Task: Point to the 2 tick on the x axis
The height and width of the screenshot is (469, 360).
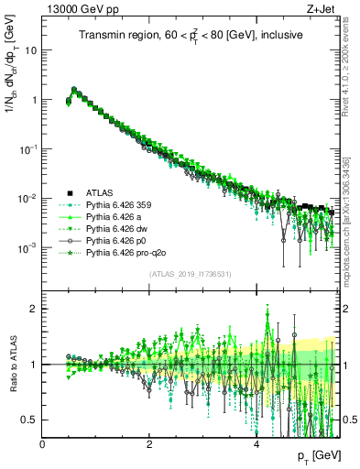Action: (149, 442)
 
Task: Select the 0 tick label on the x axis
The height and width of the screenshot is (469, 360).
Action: (43, 442)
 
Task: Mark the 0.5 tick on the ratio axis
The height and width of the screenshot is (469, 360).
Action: (30, 420)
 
